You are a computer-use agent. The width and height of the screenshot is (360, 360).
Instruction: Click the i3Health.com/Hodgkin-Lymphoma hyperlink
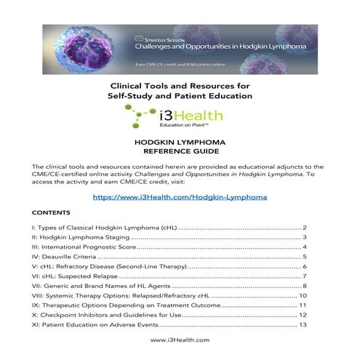180,196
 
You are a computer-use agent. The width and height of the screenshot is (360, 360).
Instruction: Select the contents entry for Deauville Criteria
72,257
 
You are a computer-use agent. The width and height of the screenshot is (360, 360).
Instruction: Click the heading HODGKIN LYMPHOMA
180,144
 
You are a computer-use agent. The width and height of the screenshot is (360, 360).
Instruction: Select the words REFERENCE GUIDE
180,153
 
